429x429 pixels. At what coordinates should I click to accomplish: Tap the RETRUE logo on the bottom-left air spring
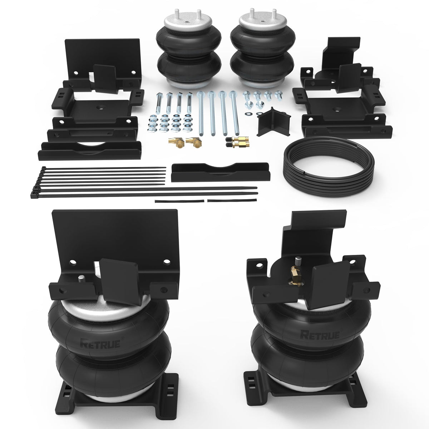100,344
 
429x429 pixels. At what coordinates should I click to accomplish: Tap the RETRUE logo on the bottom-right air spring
320,335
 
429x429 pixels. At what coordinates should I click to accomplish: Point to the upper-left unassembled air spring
188,49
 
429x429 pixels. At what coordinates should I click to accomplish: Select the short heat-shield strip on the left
179,201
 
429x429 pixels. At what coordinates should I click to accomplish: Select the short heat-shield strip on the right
232,200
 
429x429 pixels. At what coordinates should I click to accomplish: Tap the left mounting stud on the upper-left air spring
177,14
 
